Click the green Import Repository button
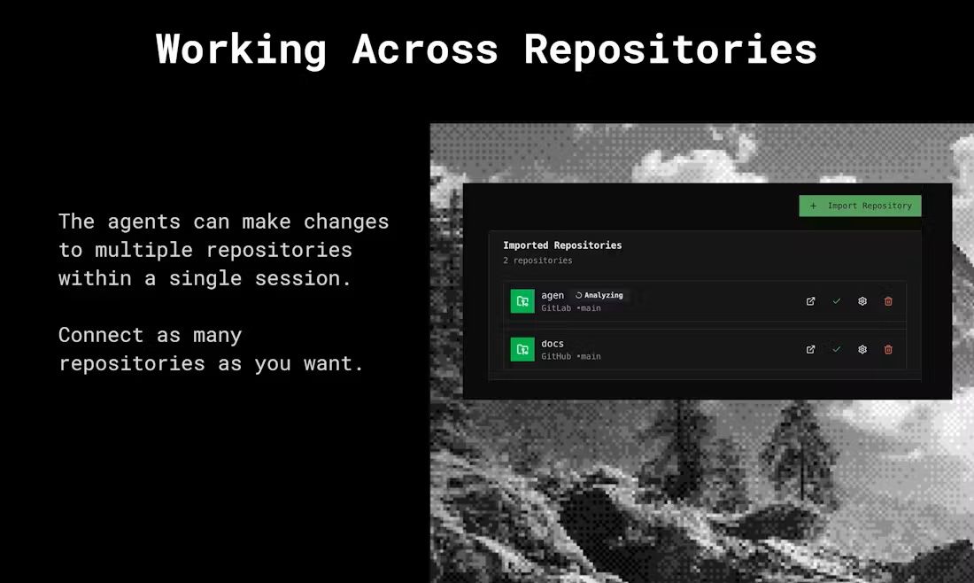(860, 206)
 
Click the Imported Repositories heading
(562, 245)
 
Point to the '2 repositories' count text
(537, 260)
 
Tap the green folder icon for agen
(522, 301)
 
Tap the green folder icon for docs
(522, 349)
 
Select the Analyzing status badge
(599, 295)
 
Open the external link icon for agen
(810, 301)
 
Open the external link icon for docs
(810, 349)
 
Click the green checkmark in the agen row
(837, 301)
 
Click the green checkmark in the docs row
(837, 349)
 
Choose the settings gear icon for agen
(862, 301)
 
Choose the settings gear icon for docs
(862, 349)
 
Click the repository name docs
(553, 344)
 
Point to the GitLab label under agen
(556, 308)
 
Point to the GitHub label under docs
(556, 357)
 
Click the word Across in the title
(426, 49)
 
